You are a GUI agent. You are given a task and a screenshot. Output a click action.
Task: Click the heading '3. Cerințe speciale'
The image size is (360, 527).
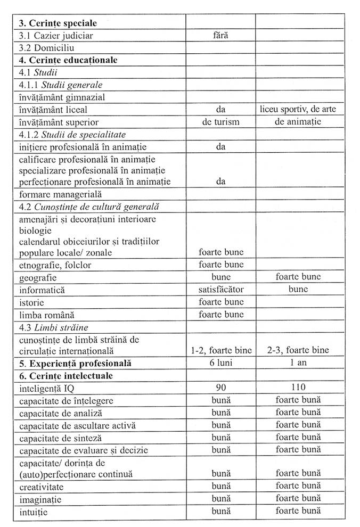click(x=58, y=23)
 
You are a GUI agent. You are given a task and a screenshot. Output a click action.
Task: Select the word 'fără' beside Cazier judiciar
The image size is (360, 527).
click(x=220, y=36)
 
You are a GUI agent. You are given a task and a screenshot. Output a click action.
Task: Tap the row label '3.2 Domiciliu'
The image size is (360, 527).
click(x=46, y=48)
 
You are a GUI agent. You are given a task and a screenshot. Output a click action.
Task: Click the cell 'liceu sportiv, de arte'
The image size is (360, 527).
click(x=298, y=109)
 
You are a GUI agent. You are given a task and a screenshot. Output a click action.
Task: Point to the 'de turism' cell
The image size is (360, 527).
click(x=220, y=122)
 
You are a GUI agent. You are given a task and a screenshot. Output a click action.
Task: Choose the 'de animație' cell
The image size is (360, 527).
click(x=298, y=122)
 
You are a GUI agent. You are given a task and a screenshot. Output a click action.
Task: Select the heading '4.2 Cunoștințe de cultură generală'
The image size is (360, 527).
click(x=89, y=207)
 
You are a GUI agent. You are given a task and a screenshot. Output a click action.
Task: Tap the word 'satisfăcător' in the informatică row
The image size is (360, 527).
click(x=220, y=290)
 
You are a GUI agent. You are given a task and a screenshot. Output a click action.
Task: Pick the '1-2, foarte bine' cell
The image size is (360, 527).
click(x=220, y=350)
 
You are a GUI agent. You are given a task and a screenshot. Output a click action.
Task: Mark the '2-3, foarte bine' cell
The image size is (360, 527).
click(x=298, y=350)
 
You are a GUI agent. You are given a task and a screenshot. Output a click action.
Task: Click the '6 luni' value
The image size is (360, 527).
click(x=220, y=364)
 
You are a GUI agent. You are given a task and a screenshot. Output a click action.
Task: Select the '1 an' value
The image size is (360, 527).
click(x=298, y=364)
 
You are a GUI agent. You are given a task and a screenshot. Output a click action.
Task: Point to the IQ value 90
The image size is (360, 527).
click(x=220, y=388)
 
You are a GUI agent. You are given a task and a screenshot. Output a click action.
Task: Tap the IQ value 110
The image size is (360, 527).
click(x=298, y=388)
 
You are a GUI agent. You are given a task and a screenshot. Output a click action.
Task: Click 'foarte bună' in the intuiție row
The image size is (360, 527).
click(x=298, y=511)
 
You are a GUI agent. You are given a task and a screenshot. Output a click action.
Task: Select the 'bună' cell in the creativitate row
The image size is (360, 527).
click(x=220, y=487)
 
